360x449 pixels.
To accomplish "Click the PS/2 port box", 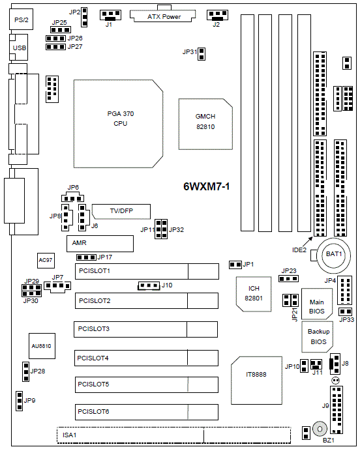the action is (22, 19).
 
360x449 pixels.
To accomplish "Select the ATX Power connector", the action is (163, 15).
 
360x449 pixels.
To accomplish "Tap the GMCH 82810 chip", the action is (205, 124).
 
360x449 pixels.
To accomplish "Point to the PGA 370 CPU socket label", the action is (121, 119).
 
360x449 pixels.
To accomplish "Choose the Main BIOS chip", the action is (317, 304).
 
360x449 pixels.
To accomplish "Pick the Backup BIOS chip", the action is (318, 337).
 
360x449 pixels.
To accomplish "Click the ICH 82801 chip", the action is (254, 294).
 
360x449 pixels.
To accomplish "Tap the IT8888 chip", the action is (256, 381).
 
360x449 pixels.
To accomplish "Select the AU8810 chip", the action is (42, 346).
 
